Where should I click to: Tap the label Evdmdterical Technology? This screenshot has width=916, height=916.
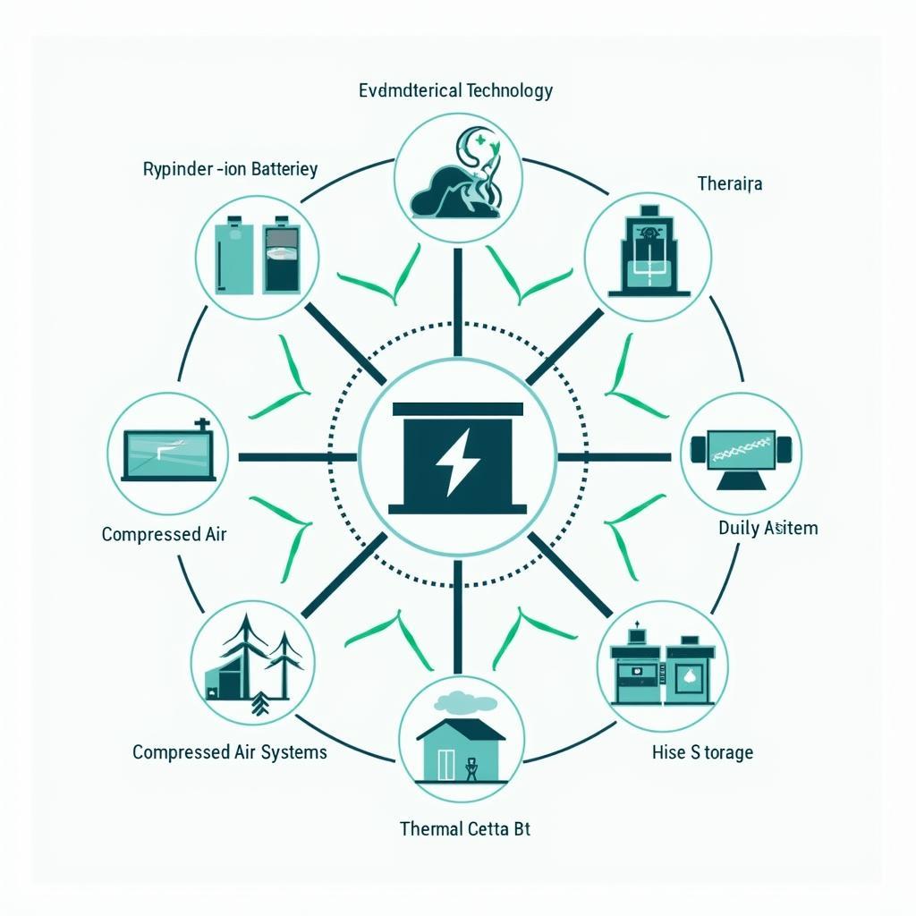click(455, 90)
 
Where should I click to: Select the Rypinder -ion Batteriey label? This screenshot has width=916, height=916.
click(230, 169)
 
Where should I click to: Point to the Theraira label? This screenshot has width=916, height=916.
click(729, 183)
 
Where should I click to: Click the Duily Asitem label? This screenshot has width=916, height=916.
click(768, 528)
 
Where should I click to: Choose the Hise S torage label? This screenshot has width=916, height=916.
click(702, 752)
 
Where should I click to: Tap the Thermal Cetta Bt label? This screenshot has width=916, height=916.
click(464, 829)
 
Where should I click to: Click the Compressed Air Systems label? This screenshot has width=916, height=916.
click(230, 751)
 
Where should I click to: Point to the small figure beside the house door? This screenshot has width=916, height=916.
click(471, 769)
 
